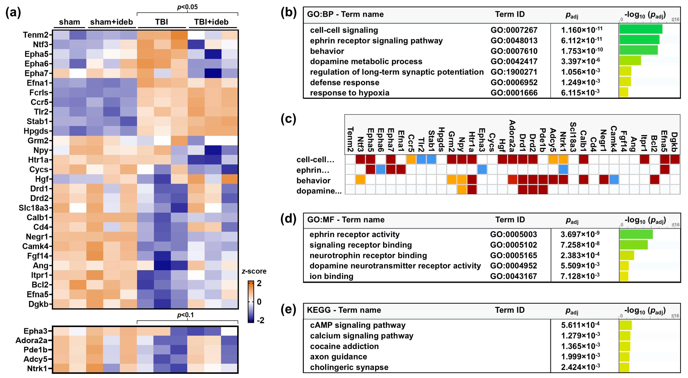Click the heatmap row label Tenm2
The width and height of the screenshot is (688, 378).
point(36,35)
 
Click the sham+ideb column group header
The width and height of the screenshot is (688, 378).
point(111,22)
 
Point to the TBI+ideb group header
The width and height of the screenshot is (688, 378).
point(211,22)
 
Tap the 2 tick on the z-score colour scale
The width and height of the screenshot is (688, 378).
point(259,283)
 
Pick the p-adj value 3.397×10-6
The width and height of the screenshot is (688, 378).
point(580,61)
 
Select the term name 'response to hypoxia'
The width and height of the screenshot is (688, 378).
point(350,93)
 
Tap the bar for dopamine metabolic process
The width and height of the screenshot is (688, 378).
point(630,60)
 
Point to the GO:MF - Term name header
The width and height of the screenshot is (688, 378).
point(346,220)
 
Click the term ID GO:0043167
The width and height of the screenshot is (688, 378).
point(513,276)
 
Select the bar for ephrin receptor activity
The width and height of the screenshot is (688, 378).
point(636,234)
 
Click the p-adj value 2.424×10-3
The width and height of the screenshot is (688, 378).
point(580,367)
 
